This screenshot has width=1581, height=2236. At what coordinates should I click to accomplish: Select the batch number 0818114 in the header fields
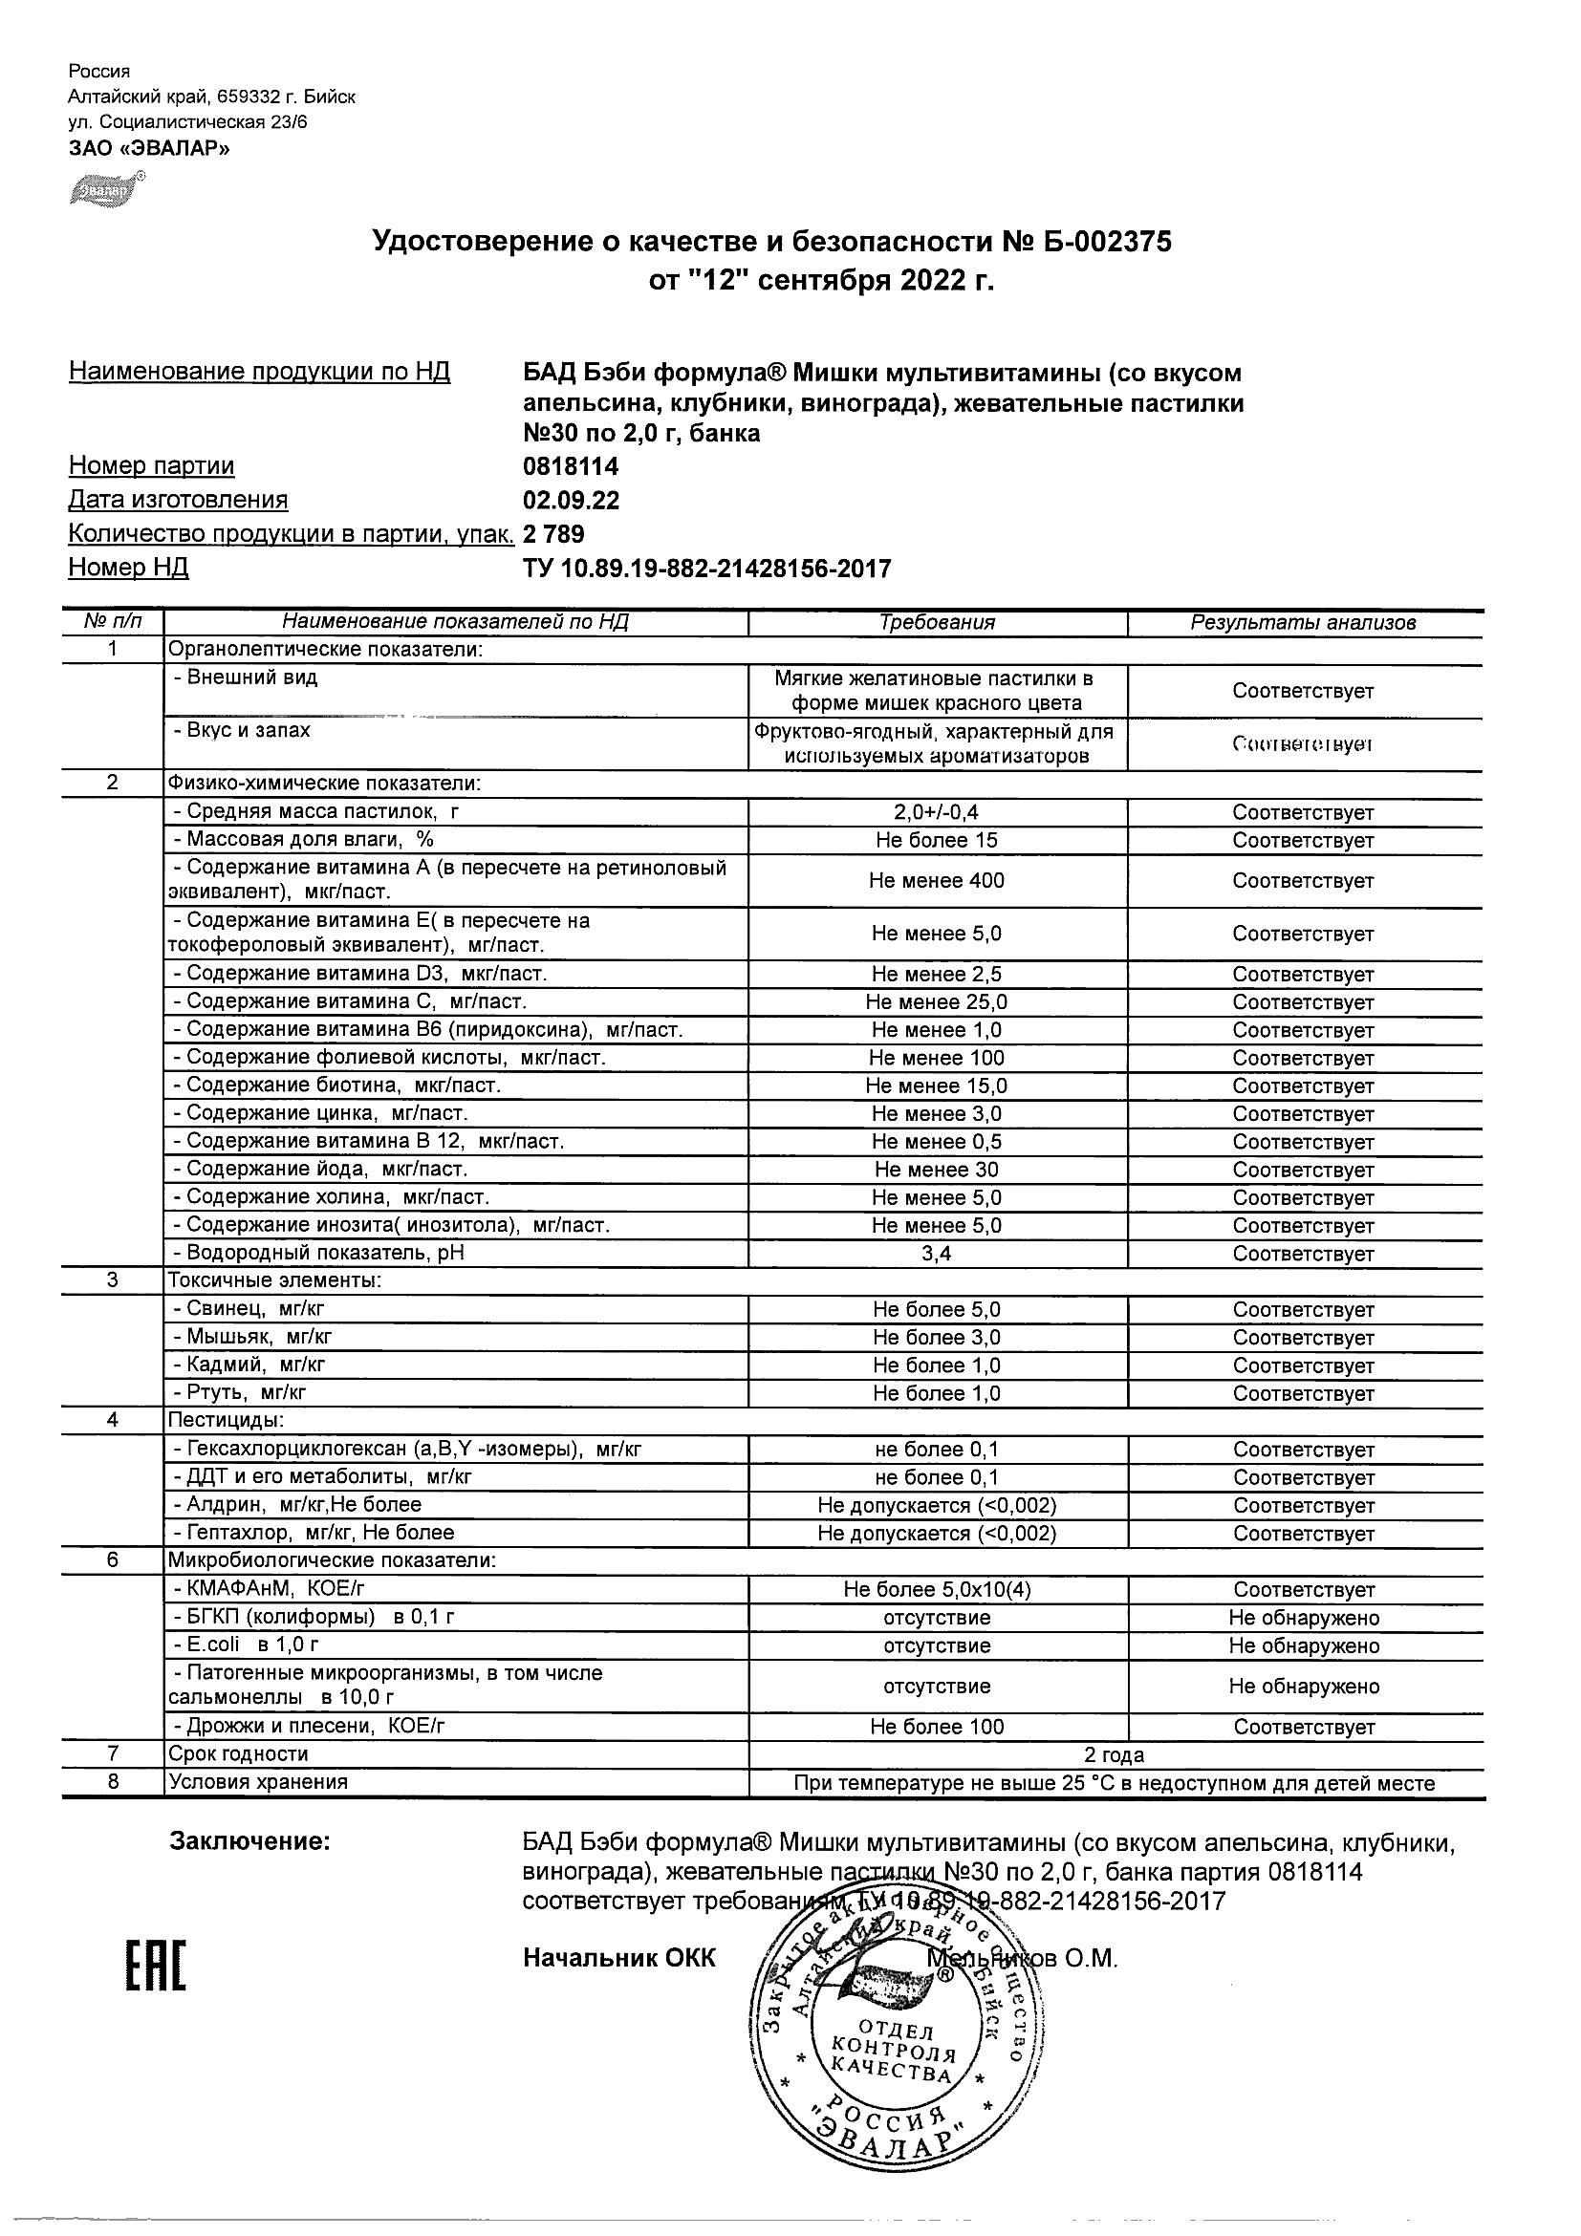571,466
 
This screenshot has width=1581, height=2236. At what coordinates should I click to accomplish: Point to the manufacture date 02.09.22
571,501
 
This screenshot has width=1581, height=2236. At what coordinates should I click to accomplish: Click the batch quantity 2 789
553,534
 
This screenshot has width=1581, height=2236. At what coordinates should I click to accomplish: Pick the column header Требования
937,622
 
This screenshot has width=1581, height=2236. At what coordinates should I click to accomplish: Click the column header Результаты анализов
1303,622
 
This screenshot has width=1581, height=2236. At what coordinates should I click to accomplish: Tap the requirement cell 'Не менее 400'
936,880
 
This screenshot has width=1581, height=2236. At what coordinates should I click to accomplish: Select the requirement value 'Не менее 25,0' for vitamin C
936,1002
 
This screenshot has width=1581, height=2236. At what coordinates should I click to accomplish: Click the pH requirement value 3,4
936,1254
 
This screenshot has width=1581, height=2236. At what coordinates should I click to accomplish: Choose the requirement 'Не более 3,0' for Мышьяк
936,1337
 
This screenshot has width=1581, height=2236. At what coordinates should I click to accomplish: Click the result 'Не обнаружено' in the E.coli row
1304,1645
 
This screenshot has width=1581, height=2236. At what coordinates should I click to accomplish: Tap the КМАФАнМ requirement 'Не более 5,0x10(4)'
936,1589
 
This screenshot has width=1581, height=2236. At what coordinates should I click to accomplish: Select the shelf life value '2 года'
1115,1755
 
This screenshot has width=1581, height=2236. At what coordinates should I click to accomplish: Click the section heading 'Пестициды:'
226,1420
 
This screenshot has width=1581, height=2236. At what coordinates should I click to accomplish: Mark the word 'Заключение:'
250,1841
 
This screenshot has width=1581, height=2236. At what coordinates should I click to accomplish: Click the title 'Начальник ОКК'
618,1959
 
